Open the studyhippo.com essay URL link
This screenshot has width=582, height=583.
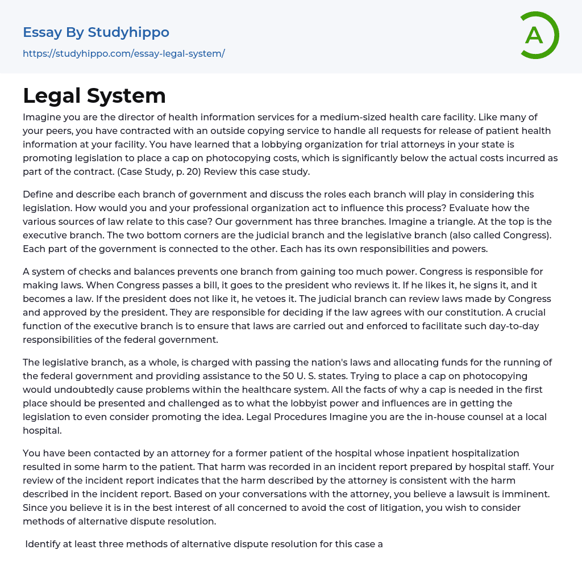[123, 53]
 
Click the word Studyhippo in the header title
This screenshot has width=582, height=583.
[128, 32]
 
